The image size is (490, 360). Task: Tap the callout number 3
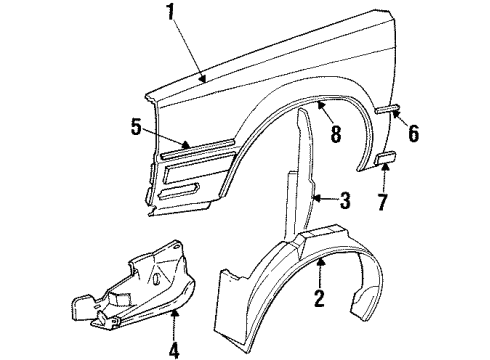345,200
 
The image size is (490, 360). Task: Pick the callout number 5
136,127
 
